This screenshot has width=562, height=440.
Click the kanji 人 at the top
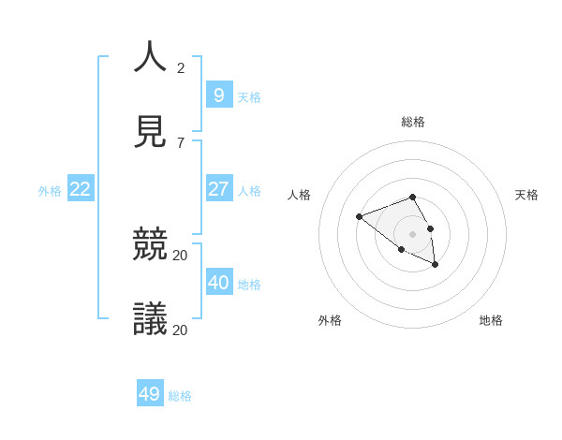pyautogui.click(x=151, y=57)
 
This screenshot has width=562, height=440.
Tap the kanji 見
pyautogui.click(x=151, y=132)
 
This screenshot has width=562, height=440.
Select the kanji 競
pyautogui.click(x=151, y=244)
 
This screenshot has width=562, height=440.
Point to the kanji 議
pyautogui.click(x=151, y=319)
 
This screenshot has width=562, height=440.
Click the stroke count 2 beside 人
pyautogui.click(x=181, y=67)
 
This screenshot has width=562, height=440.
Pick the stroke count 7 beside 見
pyautogui.click(x=181, y=142)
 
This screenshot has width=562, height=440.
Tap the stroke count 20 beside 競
pyautogui.click(x=181, y=255)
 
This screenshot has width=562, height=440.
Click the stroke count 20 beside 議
pyautogui.click(x=181, y=330)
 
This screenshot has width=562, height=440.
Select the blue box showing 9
pyautogui.click(x=219, y=95)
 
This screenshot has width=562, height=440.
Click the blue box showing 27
pyautogui.click(x=219, y=189)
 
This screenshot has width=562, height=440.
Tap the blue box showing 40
pyautogui.click(x=219, y=283)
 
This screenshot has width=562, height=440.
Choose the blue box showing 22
pyautogui.click(x=81, y=189)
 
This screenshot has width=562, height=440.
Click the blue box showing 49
pyautogui.click(x=150, y=394)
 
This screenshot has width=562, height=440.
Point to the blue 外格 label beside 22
pyautogui.click(x=50, y=191)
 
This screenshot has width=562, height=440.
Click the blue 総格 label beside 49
pyautogui.click(x=180, y=396)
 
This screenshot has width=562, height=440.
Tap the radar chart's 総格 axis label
pyautogui.click(x=413, y=122)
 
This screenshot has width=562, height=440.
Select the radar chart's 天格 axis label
pyautogui.click(x=526, y=195)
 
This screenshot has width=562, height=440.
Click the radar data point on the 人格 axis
pyautogui.click(x=359, y=217)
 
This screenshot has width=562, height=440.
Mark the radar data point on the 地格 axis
pyautogui.click(x=435, y=265)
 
